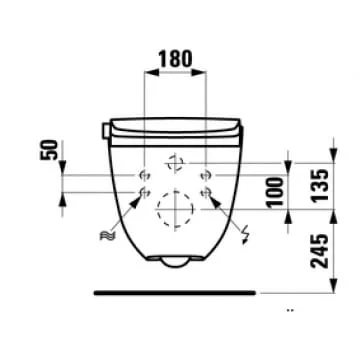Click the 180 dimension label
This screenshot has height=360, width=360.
click(175, 58)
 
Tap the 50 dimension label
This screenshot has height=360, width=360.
click(49, 150)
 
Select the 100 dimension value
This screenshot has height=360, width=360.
click(276, 193)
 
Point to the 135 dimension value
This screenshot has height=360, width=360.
click(320, 185)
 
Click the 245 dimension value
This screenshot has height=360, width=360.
click(320, 251)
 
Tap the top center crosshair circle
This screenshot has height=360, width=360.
click(175, 163)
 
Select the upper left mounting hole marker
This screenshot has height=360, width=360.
click(144, 175)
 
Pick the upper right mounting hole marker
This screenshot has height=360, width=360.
click(206, 175)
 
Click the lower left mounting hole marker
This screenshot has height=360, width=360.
click(144, 192)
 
